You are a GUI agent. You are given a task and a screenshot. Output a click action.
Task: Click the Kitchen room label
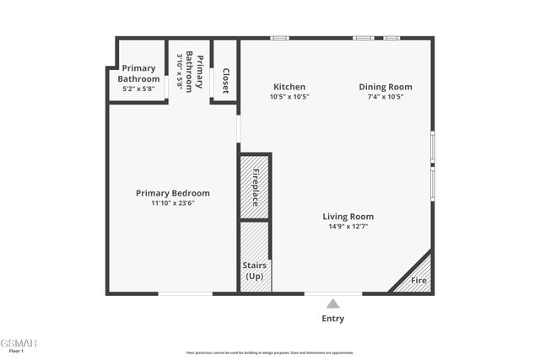click(289, 87)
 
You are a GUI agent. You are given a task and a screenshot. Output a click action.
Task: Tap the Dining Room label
click(386, 87)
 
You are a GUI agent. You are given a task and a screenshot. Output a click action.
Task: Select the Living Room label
click(348, 217)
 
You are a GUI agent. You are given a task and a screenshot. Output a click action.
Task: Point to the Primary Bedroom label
click(173, 193)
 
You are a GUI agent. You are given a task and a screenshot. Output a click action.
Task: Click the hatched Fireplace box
click(255, 187)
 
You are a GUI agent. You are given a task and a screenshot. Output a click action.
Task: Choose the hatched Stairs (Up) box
click(255, 256)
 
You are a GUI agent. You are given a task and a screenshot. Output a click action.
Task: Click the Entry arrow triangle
click(333, 304)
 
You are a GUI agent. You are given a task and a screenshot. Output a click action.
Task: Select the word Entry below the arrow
click(333, 319)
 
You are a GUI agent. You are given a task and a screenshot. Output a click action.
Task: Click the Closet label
click(225, 81)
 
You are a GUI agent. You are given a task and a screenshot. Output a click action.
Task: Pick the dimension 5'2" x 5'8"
click(138, 88)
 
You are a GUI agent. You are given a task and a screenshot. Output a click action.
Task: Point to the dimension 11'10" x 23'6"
click(173, 202)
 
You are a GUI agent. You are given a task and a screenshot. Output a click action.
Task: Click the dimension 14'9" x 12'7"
click(348, 226)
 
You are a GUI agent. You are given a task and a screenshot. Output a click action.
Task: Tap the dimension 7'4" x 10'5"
click(386, 96)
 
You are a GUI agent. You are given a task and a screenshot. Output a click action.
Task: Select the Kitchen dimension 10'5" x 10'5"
click(289, 96)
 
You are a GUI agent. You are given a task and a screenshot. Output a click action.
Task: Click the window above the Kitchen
click(279, 38)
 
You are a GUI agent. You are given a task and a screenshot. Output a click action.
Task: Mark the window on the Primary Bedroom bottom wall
click(186, 293)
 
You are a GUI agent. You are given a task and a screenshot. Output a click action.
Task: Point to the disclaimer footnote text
click(270, 352)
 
